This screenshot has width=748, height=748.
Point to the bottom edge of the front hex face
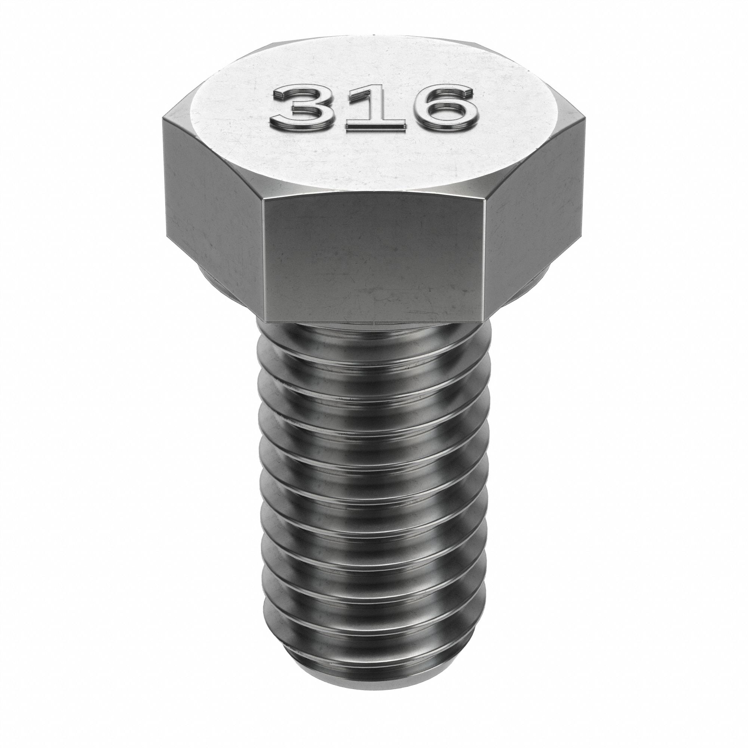[374, 322]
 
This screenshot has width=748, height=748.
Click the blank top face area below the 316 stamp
[374, 163]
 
